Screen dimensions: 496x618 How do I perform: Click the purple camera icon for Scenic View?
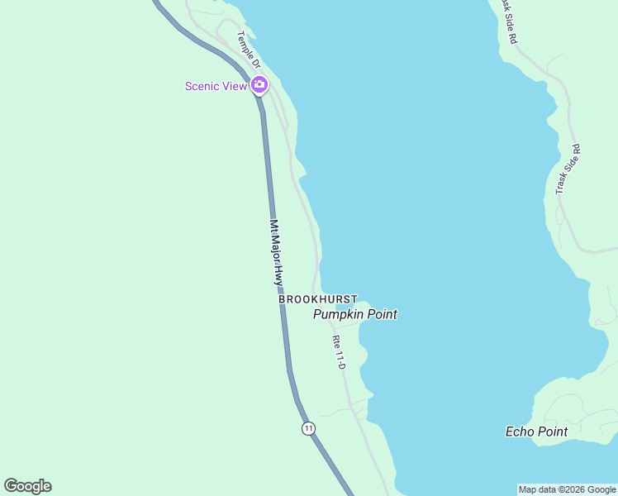[x=259, y=84]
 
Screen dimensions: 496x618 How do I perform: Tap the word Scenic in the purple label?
[x=204, y=86]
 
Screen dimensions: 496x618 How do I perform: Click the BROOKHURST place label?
[x=317, y=299]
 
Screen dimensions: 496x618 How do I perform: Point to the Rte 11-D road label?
[x=338, y=352]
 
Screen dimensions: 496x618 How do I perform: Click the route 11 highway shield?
[x=308, y=427]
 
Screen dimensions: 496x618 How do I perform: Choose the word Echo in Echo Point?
[x=520, y=432]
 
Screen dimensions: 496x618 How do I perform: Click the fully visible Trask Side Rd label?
[x=568, y=170]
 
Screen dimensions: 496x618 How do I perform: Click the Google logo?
[x=28, y=486]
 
